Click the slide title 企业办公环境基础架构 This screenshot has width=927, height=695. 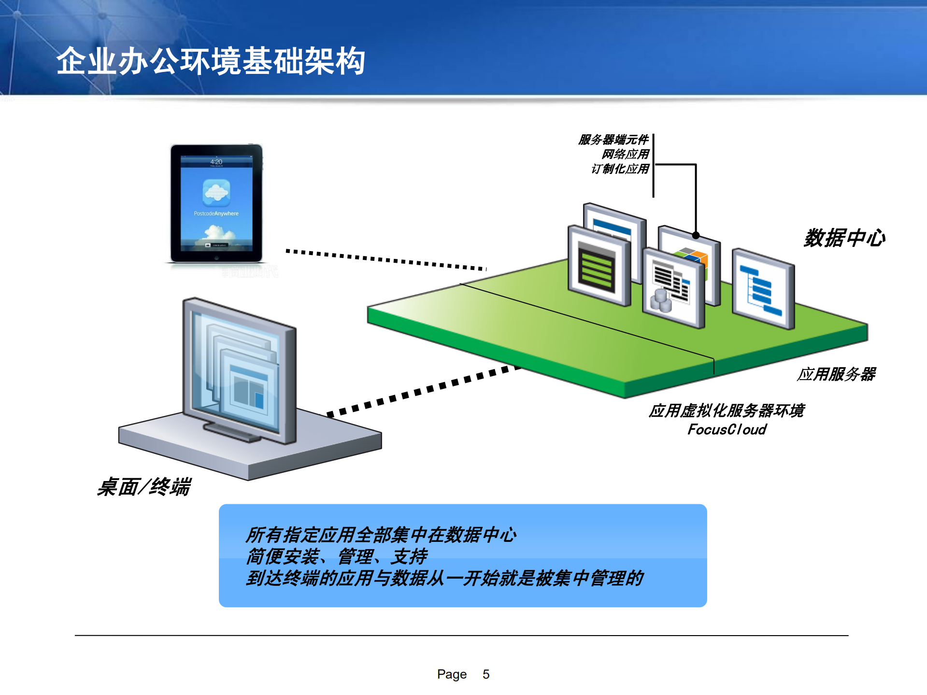tap(211, 61)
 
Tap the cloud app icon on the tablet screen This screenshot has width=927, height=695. tap(216, 192)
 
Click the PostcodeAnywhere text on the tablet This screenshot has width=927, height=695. tap(216, 213)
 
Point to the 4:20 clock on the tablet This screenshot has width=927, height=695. tap(216, 162)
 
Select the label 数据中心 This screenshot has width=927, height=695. tap(844, 238)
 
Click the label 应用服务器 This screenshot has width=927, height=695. tap(836, 374)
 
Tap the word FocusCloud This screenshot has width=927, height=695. tap(727, 429)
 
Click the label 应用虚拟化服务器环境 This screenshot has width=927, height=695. tap(726, 411)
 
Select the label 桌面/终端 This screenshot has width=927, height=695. tap(144, 486)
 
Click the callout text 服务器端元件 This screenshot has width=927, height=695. tap(613, 140)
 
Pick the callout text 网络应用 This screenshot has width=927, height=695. tap(625, 154)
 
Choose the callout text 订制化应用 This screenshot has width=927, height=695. tap(620, 169)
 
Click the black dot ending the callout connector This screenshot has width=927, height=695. tap(696, 236)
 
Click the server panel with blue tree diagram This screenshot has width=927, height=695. tap(762, 290)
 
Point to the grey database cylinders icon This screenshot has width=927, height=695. tap(661, 300)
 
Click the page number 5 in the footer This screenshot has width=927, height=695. tap(486, 674)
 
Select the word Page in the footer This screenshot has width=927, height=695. tap(452, 674)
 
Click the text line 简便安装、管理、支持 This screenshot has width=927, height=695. tap(337, 556)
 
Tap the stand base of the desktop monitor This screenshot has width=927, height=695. tap(232, 431)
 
